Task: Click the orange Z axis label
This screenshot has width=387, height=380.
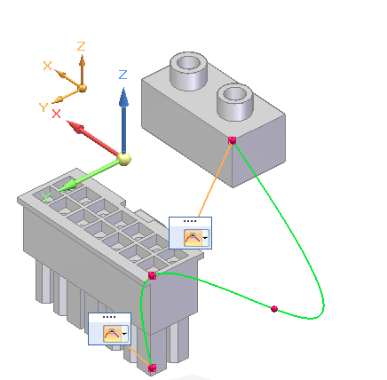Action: click(x=81, y=46)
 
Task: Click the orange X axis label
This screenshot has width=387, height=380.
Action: click(x=47, y=66)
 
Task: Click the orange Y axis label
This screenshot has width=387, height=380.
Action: click(x=43, y=107)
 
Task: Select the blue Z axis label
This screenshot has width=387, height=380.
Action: click(x=122, y=75)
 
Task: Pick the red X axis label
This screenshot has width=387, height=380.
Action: click(x=56, y=114)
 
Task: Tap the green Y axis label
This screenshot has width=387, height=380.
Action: click(x=46, y=197)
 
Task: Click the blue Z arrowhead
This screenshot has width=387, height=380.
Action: click(x=123, y=97)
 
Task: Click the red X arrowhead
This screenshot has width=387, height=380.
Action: click(x=75, y=127)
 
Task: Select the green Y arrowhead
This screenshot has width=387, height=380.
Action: click(x=67, y=186)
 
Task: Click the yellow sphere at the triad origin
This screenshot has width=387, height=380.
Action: click(x=124, y=159)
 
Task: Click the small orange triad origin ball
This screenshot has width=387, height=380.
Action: click(x=83, y=88)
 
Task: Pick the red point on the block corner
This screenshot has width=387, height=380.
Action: click(x=233, y=140)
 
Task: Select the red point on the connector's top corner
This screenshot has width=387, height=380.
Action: click(x=152, y=275)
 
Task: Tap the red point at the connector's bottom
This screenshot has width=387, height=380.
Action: click(x=152, y=368)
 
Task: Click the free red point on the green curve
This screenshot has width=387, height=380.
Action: click(x=274, y=309)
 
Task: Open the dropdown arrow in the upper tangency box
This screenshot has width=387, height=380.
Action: click(x=205, y=238)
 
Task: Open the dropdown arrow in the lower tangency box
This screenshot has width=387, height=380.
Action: click(x=124, y=334)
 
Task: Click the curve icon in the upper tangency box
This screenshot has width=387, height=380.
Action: click(x=193, y=238)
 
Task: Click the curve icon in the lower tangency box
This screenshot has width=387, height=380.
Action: click(x=112, y=334)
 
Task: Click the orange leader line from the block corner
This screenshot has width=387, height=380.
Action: click(x=215, y=179)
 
